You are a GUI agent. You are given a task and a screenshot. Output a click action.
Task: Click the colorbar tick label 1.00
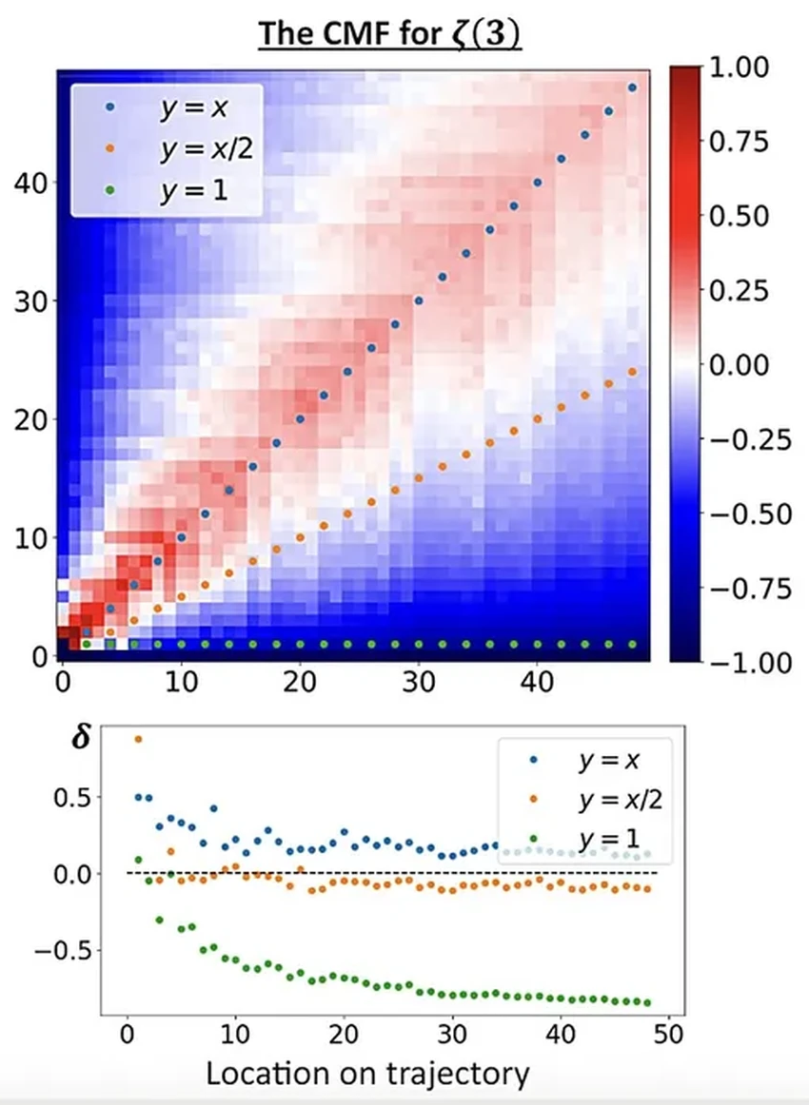point(740,68)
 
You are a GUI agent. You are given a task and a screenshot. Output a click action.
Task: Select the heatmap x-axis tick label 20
point(300,682)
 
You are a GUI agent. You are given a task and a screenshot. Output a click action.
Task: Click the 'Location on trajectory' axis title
point(367,1075)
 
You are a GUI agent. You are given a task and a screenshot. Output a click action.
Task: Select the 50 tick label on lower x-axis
point(669,1035)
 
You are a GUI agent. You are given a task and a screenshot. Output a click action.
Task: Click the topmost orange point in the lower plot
point(138,739)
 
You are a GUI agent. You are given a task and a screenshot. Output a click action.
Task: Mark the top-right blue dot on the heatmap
point(632,87)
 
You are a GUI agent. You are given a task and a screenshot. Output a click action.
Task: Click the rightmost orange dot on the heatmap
point(632,372)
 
